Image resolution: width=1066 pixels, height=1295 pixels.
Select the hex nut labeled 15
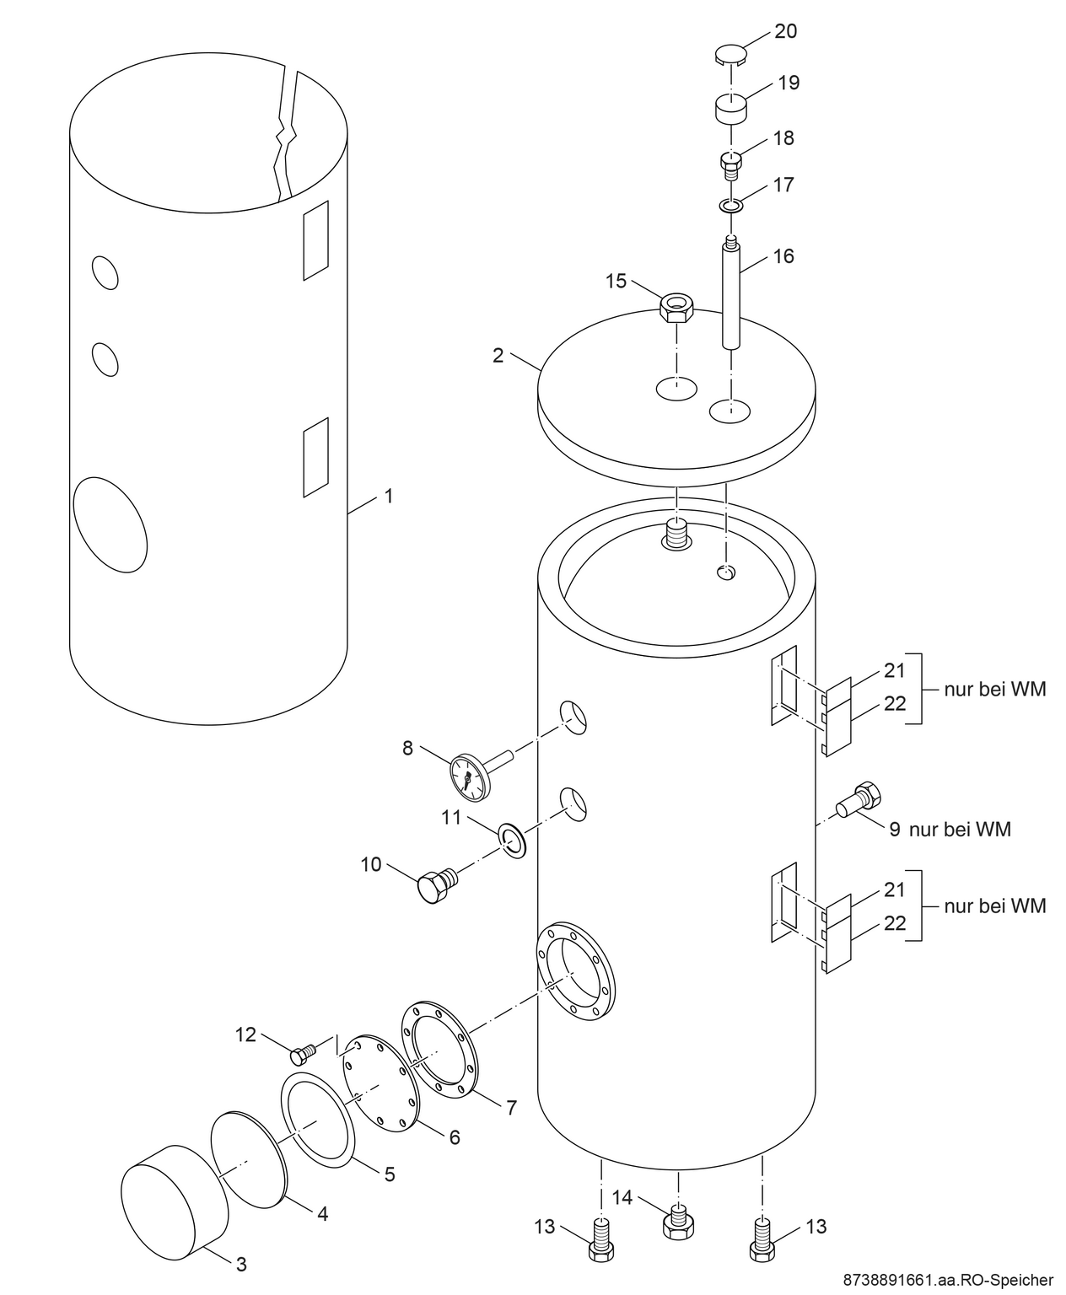tap(675, 309)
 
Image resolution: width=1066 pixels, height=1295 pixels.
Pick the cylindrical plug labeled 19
tap(732, 109)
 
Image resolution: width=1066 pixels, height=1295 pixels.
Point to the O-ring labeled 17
tap(730, 205)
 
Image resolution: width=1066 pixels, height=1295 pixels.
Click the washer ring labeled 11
tap(512, 840)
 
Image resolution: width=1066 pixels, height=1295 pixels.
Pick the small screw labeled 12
tap(301, 1053)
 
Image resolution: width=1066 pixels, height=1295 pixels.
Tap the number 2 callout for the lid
tap(498, 355)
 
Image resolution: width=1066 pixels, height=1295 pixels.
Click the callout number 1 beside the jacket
tap(389, 497)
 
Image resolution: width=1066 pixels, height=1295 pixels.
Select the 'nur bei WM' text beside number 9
tap(960, 830)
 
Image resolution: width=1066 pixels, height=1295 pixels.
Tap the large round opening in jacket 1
tap(110, 523)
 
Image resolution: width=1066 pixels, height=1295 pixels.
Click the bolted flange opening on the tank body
tap(577, 973)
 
